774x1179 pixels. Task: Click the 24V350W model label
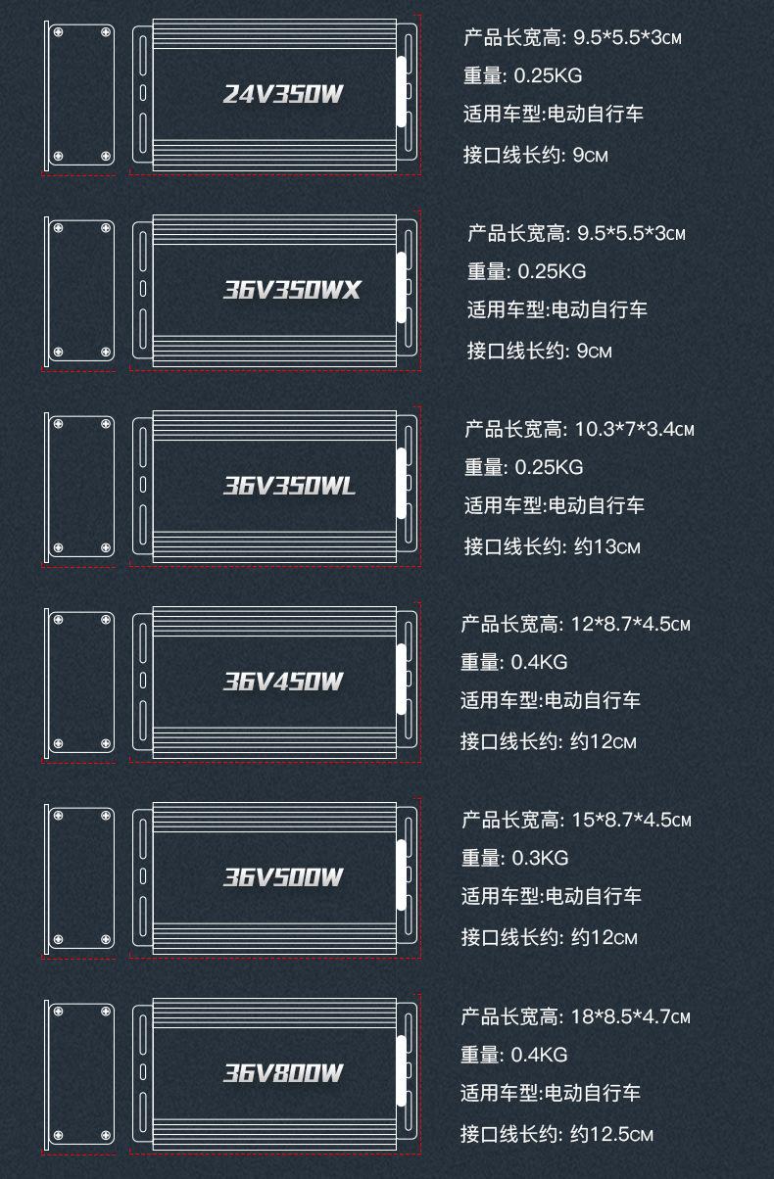coord(283,95)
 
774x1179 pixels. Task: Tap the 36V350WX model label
coord(292,290)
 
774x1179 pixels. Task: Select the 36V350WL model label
coord(289,486)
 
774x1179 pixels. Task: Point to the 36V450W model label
coord(283,682)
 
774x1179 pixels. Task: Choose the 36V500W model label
coord(283,877)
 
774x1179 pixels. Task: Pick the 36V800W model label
coord(283,1073)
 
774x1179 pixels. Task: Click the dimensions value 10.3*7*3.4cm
coord(635,429)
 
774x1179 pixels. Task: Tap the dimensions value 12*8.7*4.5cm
coord(630,624)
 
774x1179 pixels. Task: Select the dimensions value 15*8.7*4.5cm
coord(631,820)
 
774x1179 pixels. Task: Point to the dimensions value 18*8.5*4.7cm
coord(631,1016)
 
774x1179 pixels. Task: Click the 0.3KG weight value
coord(540,858)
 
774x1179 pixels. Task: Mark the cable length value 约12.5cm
coord(611,1135)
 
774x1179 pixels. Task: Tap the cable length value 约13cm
coord(606,546)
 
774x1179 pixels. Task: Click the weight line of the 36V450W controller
coord(514,663)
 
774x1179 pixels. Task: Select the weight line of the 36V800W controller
coord(514,1055)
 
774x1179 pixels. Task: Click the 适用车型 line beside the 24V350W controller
coord(554,115)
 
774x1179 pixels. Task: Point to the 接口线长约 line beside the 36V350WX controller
coord(540,351)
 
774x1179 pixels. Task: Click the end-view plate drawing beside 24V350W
coord(80,95)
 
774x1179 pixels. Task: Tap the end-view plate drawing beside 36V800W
coord(80,1073)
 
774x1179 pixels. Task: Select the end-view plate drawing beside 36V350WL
coord(80,486)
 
